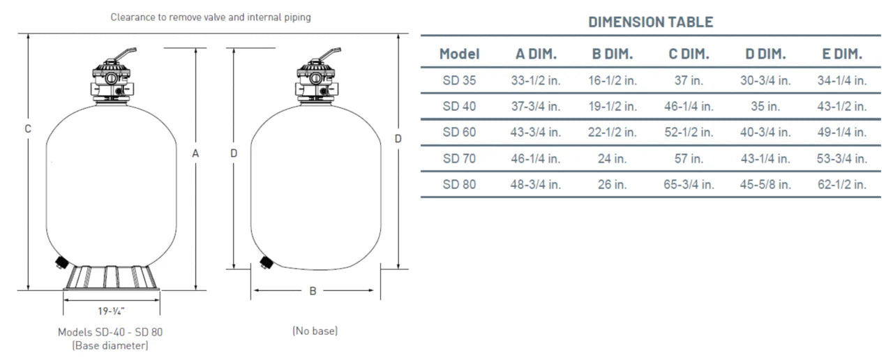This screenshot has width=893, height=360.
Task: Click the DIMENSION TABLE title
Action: [650, 22]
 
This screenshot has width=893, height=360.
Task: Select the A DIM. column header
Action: [536, 54]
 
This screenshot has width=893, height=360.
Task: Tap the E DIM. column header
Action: [841, 54]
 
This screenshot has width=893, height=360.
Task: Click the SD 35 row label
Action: [459, 80]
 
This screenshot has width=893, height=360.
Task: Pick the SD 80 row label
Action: [459, 185]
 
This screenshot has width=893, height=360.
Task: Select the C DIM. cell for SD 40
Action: [688, 107]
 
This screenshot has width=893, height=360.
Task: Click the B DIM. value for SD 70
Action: [612, 159]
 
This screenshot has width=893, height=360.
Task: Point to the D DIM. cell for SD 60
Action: [765, 133]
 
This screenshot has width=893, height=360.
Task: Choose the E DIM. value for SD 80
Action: [841, 185]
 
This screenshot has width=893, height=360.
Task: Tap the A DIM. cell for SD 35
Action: [536, 80]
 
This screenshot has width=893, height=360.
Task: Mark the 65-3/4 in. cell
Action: [688, 185]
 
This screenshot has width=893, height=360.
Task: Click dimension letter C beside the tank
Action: [28, 129]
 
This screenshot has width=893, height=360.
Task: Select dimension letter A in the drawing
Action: [196, 153]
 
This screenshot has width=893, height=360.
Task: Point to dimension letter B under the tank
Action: [313, 291]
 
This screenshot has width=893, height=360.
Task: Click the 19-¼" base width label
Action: [112, 312]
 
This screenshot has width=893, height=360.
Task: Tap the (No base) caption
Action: [315, 331]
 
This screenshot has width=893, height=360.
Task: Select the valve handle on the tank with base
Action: [123, 54]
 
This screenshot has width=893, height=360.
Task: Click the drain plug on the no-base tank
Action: [265, 262]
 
